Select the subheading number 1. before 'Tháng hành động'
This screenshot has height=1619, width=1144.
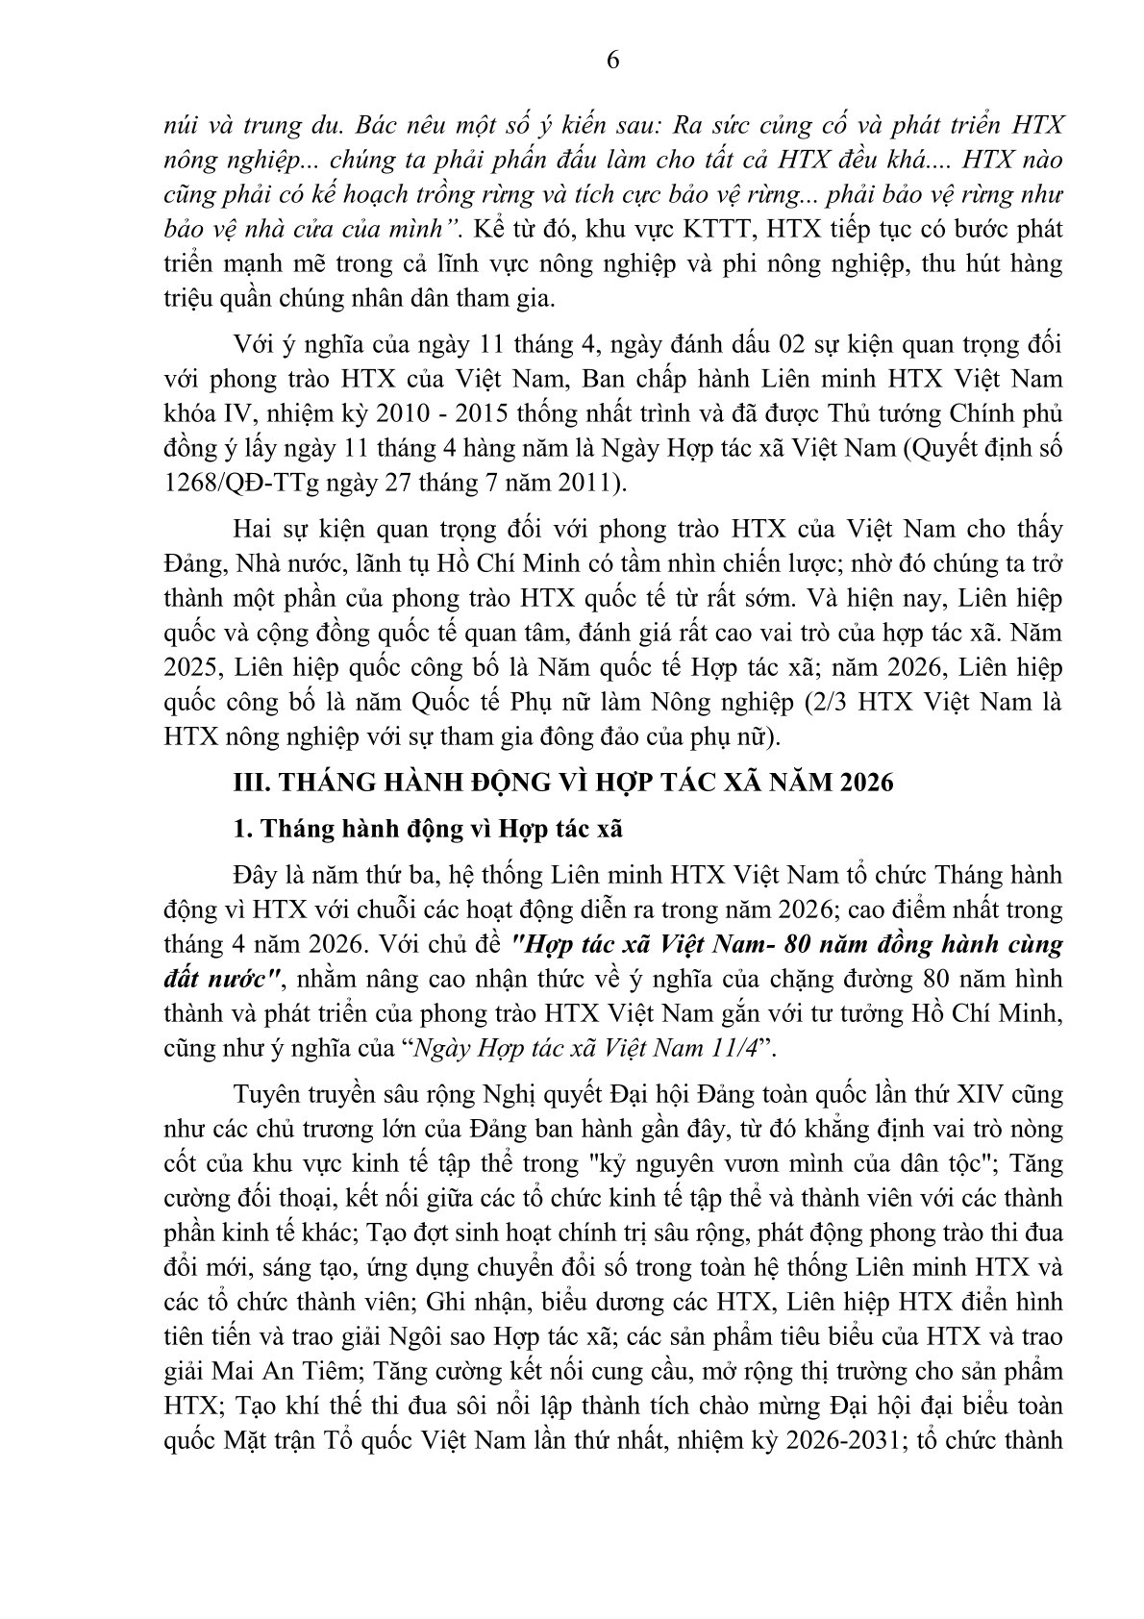click(x=245, y=826)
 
